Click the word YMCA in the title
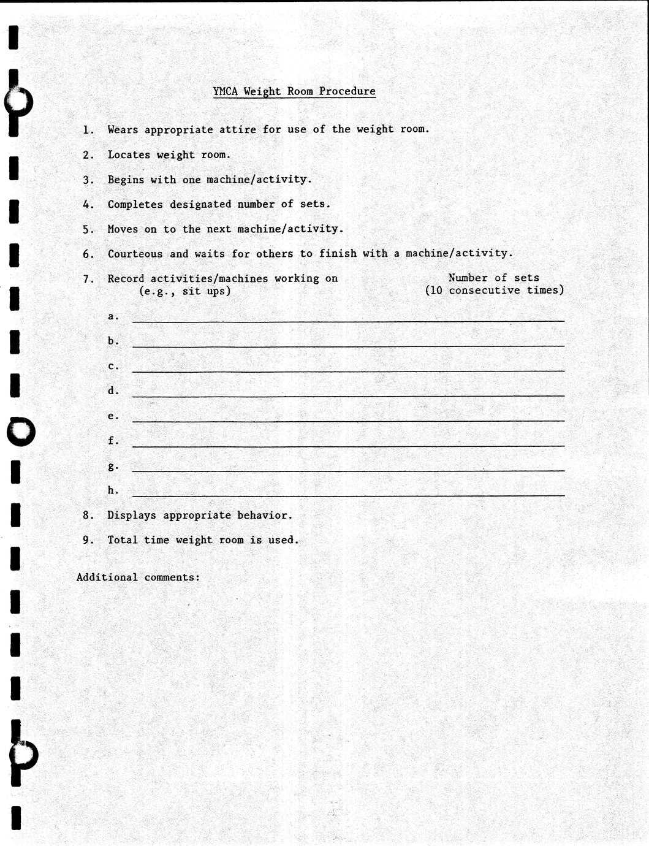pyautogui.click(x=226, y=91)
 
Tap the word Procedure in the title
pyautogui.click(x=347, y=91)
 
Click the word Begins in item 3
pyautogui.click(x=126, y=180)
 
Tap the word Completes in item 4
pyautogui.click(x=135, y=204)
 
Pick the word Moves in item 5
pyautogui.click(x=123, y=229)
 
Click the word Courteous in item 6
pyautogui.click(x=135, y=254)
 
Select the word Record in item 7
pyautogui.click(x=126, y=278)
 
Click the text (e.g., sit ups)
pyautogui.click(x=185, y=291)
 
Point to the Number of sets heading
pyautogui.click(x=493, y=278)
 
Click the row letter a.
pyautogui.click(x=112, y=316)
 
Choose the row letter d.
pyautogui.click(x=112, y=391)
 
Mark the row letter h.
pyautogui.click(x=112, y=490)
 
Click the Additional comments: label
pyautogui.click(x=139, y=577)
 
